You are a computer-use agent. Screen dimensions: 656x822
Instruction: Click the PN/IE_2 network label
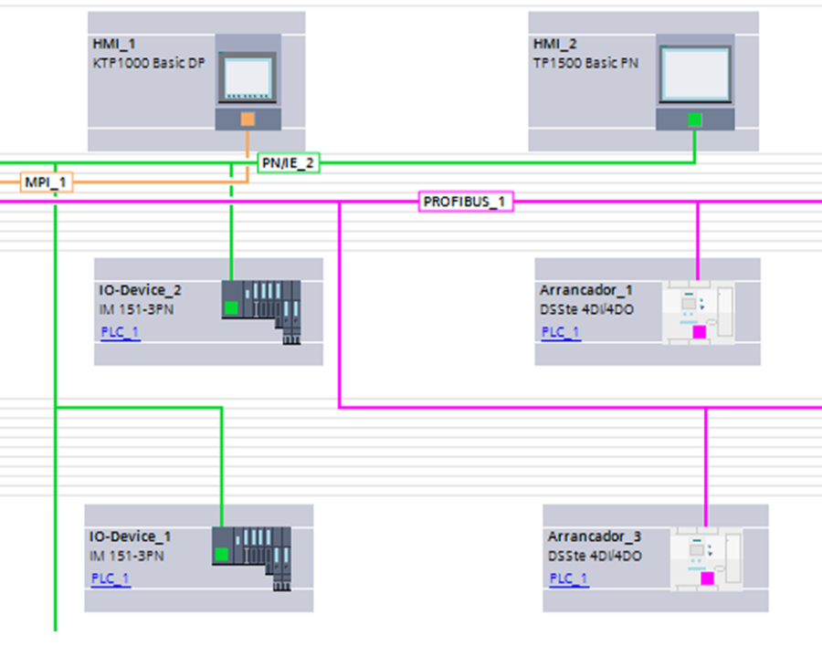[289, 162]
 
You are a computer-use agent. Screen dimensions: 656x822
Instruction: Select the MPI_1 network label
[46, 182]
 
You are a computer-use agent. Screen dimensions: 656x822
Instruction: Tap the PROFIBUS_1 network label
[466, 202]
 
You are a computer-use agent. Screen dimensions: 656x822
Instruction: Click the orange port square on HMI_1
[248, 119]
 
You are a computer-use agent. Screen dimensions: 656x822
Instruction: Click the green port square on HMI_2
[694, 119]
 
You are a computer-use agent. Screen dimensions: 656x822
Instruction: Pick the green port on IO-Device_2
[231, 307]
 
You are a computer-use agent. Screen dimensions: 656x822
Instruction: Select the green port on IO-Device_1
[221, 554]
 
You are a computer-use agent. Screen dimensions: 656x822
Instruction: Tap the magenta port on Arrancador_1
[699, 332]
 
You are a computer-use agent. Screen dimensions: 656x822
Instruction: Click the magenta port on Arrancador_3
[706, 578]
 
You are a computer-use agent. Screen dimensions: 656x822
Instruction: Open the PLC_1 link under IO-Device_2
[120, 332]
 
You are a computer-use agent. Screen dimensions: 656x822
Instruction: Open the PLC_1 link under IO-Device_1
[111, 578]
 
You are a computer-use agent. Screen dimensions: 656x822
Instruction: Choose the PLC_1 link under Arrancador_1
[560, 332]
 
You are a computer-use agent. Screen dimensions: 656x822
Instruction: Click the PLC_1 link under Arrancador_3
[568, 578]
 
